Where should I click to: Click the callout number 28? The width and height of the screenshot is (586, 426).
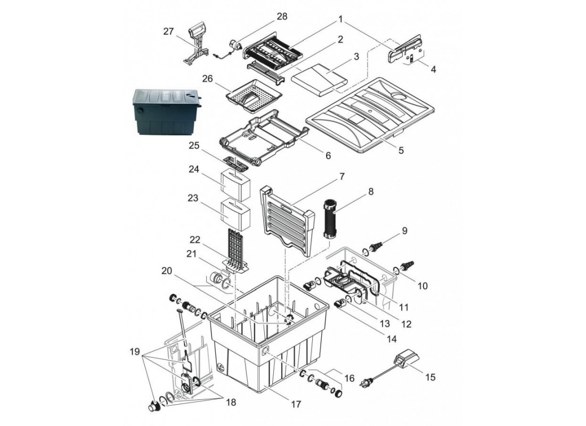[x=282, y=17]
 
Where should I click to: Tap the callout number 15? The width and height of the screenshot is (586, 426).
[x=430, y=377]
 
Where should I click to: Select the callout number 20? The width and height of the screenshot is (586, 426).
[x=167, y=271]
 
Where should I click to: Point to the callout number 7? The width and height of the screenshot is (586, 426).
[x=341, y=176]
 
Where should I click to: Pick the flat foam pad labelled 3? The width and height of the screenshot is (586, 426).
[x=320, y=79]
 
